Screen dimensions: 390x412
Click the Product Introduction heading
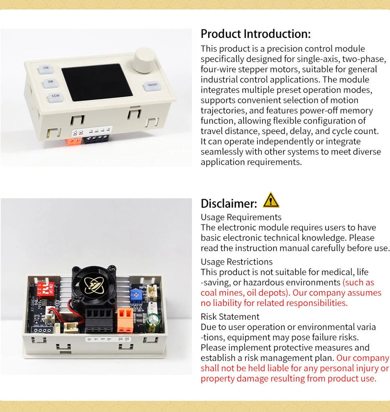255,34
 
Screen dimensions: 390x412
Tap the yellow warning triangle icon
271,200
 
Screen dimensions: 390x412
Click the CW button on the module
46,68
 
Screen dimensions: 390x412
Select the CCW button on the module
55,97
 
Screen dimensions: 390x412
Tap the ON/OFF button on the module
152,86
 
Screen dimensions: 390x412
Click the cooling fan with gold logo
94,286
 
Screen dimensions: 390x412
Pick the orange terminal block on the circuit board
125,320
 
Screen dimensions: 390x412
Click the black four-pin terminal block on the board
99,321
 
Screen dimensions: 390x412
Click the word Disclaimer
228,204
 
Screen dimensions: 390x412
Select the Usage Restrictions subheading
236,262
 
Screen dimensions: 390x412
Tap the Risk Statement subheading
230,317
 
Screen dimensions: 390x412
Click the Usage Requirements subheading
241,217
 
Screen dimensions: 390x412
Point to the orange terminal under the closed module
73,141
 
